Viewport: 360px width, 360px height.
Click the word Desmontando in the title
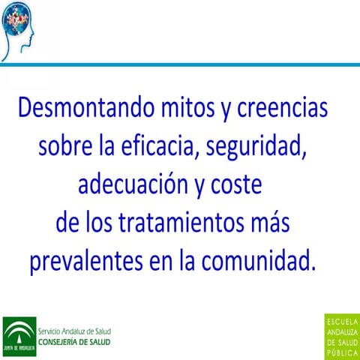pyautogui.click(x=79, y=109)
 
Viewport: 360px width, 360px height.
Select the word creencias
pyautogui.click(x=283, y=109)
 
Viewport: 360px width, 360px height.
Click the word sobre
pyautogui.click(x=64, y=147)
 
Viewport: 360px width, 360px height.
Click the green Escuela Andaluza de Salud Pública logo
pyautogui.click(x=342, y=336)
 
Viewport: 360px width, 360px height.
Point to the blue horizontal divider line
pyautogui.click(x=180, y=64)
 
